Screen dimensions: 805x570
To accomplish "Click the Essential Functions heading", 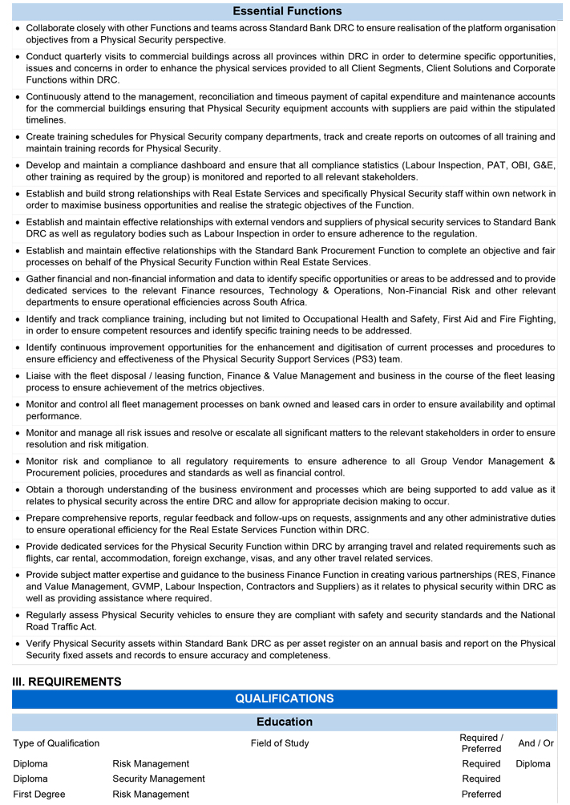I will click(287, 11).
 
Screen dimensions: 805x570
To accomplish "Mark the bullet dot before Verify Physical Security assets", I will click(18, 644).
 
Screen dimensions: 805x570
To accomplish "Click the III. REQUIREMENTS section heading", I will click(67, 682).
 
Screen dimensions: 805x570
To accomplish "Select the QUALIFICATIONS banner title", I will click(285, 699).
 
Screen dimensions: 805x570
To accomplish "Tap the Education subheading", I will click(285, 722).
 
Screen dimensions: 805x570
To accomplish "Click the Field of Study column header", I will click(279, 743).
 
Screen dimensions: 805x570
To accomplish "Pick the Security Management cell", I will click(159, 779).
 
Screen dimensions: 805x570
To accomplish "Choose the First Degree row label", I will click(39, 794).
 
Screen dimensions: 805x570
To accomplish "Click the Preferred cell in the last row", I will click(481, 794).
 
